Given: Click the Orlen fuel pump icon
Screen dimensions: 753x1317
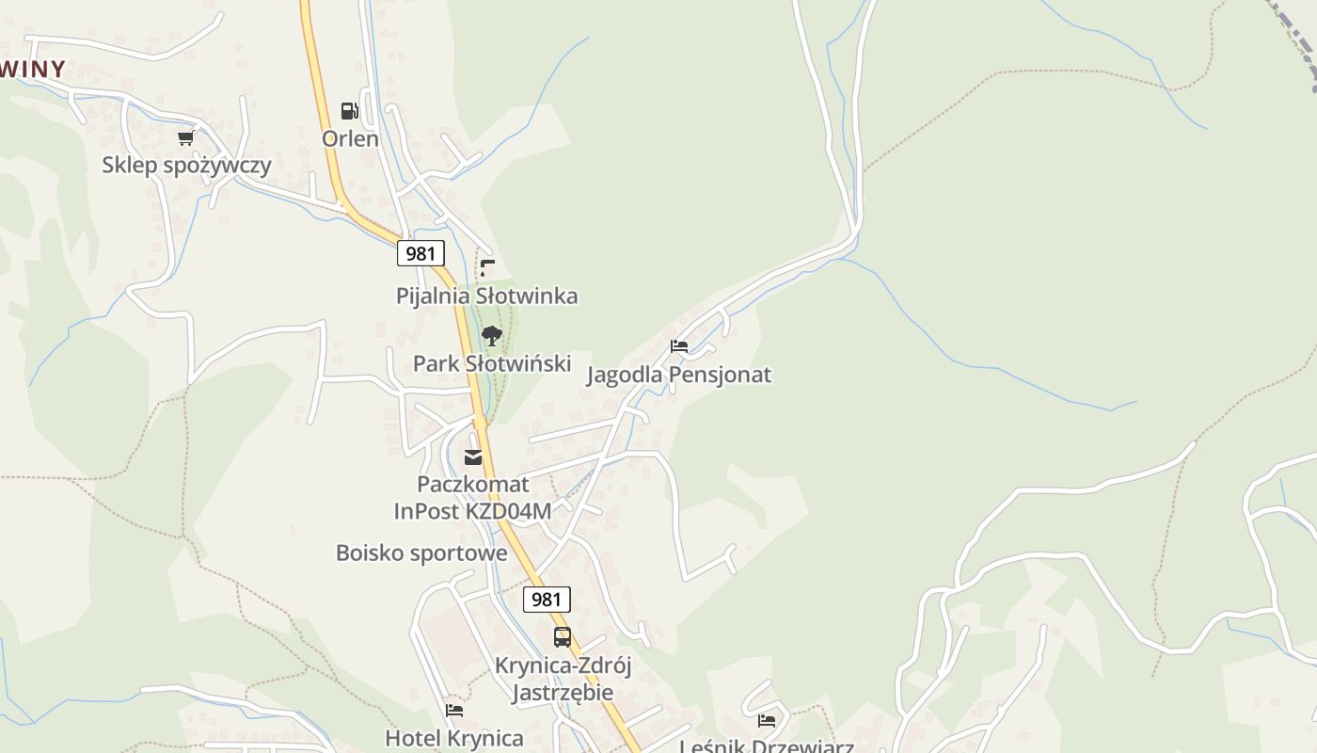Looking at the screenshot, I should click(x=350, y=111).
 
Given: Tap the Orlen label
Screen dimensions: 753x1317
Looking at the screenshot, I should click(x=350, y=138).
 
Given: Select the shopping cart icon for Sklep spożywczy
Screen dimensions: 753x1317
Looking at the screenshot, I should click(x=185, y=138).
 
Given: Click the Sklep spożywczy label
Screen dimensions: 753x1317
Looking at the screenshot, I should click(x=186, y=165).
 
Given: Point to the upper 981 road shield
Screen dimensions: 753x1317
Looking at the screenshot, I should click(x=420, y=252).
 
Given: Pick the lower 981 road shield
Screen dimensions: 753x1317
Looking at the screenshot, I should click(x=547, y=599).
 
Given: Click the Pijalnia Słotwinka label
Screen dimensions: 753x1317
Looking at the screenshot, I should click(x=486, y=296).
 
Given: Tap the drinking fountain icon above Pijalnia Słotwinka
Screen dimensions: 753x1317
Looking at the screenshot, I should click(x=487, y=268).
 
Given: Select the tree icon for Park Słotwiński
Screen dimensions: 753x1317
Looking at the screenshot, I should click(x=491, y=336).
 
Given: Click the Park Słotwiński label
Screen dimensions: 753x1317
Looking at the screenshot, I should click(x=492, y=363).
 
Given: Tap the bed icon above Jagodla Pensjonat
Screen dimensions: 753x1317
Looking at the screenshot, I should click(x=679, y=346).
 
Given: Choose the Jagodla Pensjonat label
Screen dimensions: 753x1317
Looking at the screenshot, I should click(x=679, y=375).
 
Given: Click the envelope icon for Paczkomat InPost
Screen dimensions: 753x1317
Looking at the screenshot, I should click(x=473, y=457).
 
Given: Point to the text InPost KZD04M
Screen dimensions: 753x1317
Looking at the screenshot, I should click(x=472, y=510).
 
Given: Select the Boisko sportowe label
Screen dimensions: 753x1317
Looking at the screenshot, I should click(x=421, y=553).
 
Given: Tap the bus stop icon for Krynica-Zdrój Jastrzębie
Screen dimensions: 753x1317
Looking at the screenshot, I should click(x=563, y=637).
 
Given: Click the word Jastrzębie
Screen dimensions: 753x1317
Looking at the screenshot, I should click(x=563, y=693).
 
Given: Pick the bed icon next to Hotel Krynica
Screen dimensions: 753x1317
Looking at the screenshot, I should click(x=454, y=711).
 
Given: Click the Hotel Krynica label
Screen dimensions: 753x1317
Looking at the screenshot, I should click(x=454, y=738).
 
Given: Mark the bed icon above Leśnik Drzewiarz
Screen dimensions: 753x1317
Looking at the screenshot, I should click(x=767, y=721).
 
